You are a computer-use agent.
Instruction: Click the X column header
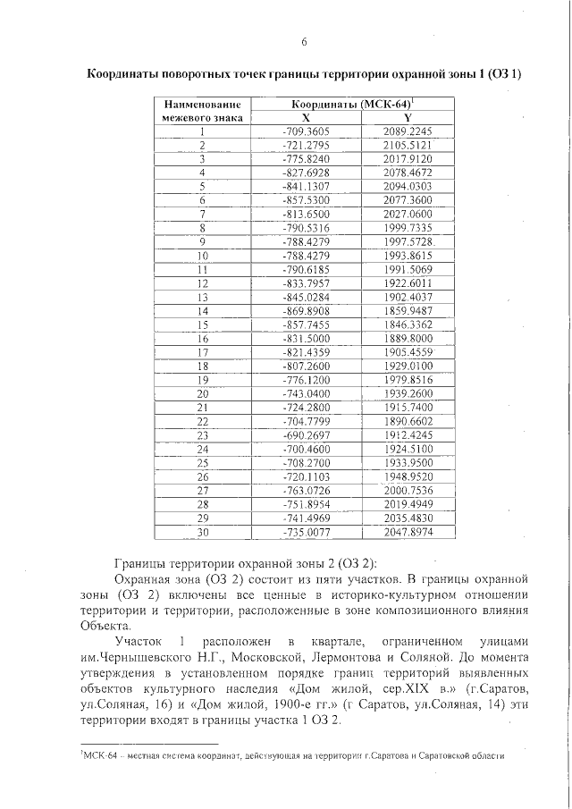tap(306, 117)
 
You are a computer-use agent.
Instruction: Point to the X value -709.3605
tap(306, 131)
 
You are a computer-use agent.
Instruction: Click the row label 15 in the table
tap(203, 325)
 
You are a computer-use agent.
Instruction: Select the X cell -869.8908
tap(306, 311)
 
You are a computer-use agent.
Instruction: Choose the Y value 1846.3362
tap(407, 325)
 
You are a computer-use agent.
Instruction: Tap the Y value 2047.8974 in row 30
tap(407, 533)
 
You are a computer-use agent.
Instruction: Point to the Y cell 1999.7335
tap(407, 228)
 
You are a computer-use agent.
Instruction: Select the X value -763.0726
tap(306, 491)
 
